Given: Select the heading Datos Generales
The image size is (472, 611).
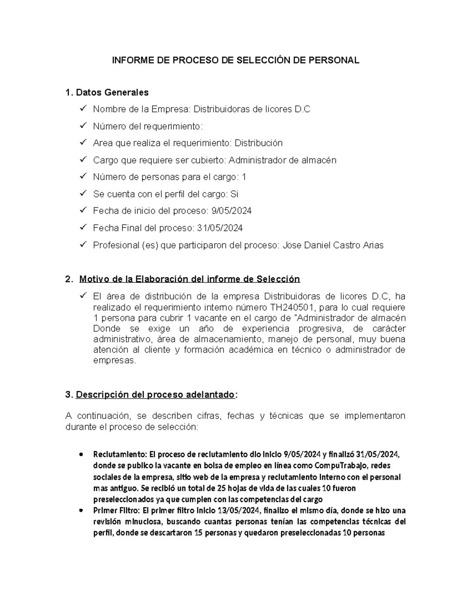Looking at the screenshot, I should coord(112,92).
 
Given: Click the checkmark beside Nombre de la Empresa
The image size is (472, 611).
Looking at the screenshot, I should coord(83,109).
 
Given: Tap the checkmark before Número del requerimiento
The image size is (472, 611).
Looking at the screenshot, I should coord(83,126).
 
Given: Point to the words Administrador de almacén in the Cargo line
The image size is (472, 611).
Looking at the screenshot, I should coord(282,160).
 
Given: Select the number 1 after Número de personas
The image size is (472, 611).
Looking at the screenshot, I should coord(244,177).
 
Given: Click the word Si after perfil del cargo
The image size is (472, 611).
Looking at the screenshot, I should coord(234,194).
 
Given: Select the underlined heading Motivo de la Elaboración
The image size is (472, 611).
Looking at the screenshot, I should coord(190,279).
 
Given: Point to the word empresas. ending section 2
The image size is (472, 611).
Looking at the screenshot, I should coord(114,360).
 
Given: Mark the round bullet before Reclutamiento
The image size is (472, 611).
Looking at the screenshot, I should coord(81,454).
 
